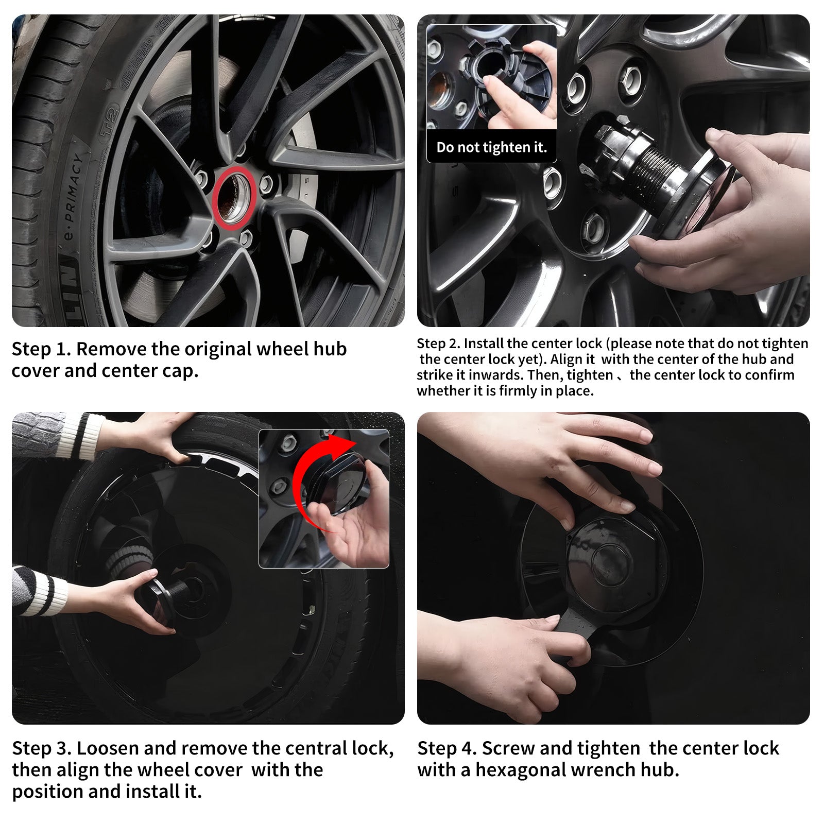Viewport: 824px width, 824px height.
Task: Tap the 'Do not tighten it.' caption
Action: coord(491,147)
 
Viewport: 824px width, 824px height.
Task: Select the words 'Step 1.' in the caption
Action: coord(41,349)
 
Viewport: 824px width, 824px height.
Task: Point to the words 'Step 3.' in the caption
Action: coord(42,748)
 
